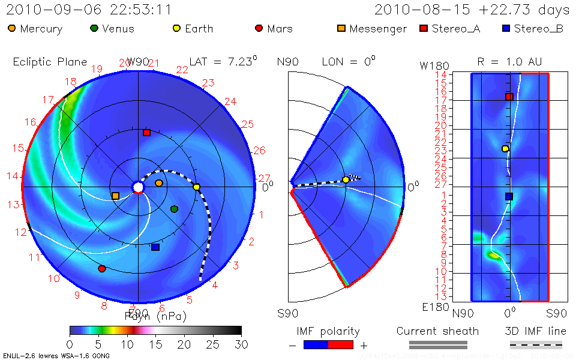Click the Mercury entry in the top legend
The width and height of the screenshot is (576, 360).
[35, 28]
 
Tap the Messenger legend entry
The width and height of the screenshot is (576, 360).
[371, 28]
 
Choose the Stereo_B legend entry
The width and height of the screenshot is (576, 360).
[532, 28]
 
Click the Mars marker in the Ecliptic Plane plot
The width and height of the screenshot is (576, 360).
[102, 268]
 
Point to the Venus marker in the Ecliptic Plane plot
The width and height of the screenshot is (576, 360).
[174, 209]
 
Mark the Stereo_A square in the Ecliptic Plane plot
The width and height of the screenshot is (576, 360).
[146, 133]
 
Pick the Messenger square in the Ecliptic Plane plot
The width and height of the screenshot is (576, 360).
[115, 196]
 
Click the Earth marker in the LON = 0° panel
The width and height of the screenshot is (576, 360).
[346, 179]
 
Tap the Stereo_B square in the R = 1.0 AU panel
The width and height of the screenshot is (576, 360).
[509, 196]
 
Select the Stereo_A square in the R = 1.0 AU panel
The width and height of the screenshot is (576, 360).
[509, 97]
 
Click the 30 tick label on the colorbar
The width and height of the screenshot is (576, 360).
[241, 344]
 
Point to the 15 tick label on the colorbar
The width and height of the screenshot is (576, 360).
[155, 344]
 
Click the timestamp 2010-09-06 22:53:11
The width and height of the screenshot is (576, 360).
[89, 10]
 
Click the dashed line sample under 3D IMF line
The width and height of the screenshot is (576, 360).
[536, 344]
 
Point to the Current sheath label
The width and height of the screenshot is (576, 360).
[437, 331]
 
